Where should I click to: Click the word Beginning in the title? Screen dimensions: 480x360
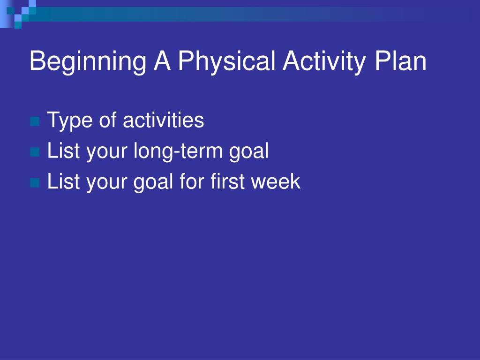[88, 62]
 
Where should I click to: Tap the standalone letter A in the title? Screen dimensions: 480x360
[162, 60]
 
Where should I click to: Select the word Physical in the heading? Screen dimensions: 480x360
[227, 62]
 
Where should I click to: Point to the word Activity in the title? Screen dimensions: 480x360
[324, 62]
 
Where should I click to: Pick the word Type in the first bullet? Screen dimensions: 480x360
[70, 121]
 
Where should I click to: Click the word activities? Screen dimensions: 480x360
[163, 120]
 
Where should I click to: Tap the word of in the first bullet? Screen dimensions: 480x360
[108, 120]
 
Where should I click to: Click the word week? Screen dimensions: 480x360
[276, 181]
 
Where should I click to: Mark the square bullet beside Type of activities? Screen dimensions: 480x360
[35, 121]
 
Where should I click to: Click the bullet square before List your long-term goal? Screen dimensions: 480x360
[35, 152]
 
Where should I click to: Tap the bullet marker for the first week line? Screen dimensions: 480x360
[35, 183]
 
